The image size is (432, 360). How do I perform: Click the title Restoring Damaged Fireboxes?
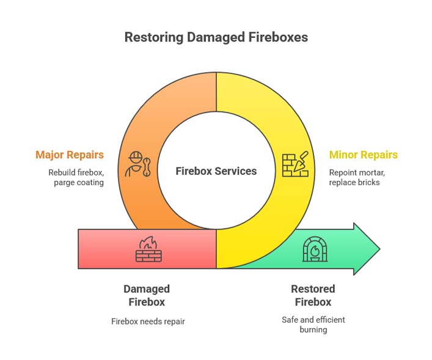point(216,37)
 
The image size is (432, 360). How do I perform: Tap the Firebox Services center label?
point(216,171)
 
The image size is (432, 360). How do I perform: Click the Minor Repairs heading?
point(363,155)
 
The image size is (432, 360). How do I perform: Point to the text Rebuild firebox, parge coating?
point(76,178)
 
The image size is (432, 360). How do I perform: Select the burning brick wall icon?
point(148,249)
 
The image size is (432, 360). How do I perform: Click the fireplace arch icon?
point(315,249)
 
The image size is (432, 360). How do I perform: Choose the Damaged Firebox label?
point(147,295)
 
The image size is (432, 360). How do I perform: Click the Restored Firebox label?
point(313,295)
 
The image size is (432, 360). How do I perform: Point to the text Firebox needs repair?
point(147,321)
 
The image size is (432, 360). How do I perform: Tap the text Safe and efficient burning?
point(313,325)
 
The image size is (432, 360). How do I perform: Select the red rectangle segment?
point(104,249)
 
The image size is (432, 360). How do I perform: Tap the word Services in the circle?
point(236,171)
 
